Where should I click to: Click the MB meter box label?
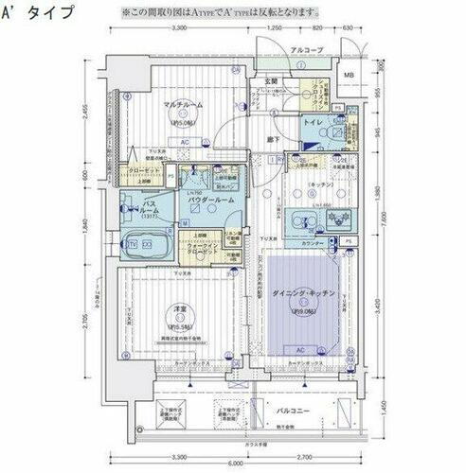coord(349,76)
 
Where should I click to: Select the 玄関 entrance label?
coord(270,82)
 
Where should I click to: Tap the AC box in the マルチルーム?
coord(184,144)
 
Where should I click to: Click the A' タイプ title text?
coord(38,12)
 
